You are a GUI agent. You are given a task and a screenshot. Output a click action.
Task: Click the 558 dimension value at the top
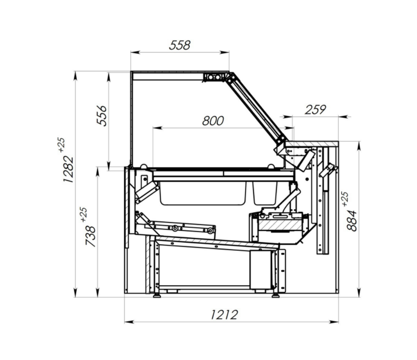180,45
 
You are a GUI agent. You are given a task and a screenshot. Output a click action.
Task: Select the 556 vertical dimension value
101,115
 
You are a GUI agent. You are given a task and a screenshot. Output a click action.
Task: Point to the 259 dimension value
315,110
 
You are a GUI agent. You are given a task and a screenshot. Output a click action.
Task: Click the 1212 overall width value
224,315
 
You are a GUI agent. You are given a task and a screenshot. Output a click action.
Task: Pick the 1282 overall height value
68,169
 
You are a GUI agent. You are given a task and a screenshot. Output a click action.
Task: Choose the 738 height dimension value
91,236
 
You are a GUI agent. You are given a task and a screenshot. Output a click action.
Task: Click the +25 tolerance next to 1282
61,145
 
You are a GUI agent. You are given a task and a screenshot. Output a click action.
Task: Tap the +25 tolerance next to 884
345,199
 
